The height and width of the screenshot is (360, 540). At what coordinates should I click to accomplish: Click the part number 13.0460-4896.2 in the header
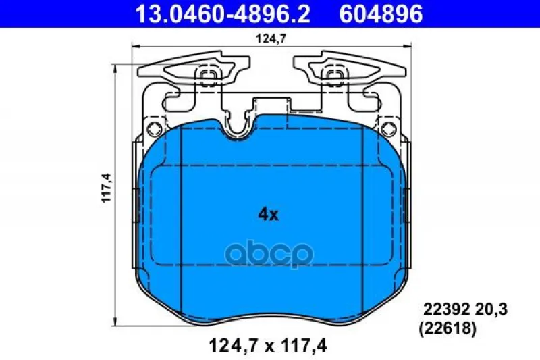(x=223, y=14)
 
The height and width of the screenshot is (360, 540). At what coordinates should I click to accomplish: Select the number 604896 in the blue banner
(x=381, y=14)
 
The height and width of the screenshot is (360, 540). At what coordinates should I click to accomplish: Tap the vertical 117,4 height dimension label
(x=107, y=188)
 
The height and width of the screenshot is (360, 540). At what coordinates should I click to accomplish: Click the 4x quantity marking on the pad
(x=268, y=215)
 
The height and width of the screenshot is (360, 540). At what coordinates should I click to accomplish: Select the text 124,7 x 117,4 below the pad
(x=267, y=345)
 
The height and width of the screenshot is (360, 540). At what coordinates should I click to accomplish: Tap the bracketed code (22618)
(x=448, y=328)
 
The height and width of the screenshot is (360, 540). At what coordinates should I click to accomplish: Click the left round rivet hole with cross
(x=155, y=129)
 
